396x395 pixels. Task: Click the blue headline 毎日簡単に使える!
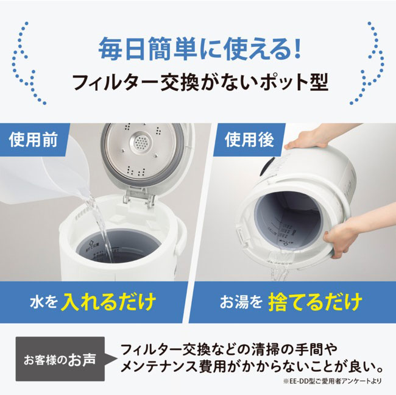(197, 48)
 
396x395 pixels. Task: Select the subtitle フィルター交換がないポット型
(197, 81)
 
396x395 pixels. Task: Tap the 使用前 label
(34, 141)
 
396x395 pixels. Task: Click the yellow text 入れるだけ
(110, 302)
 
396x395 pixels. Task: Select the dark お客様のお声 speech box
(60, 358)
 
